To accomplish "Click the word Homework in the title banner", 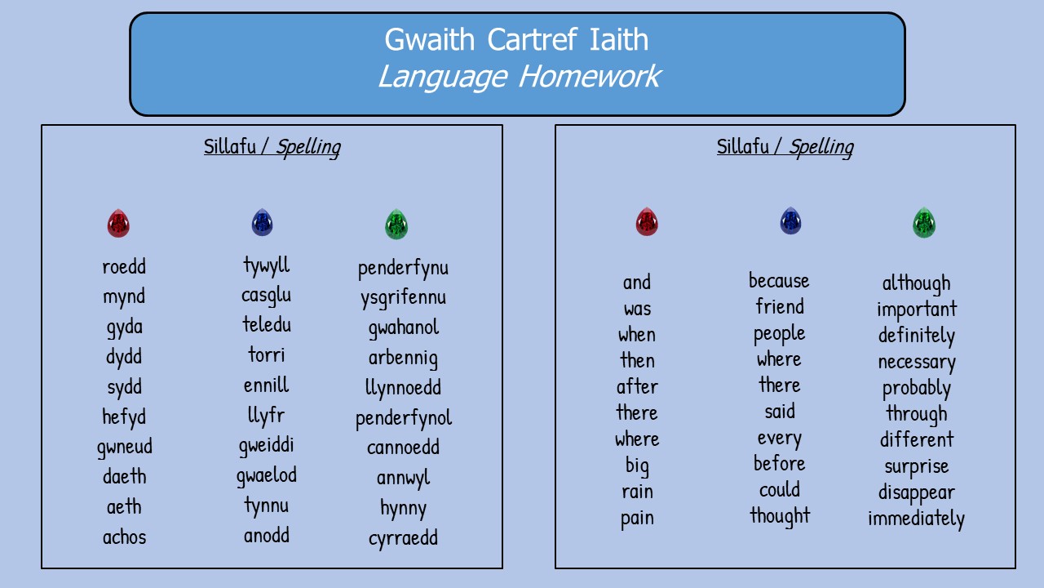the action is click(x=590, y=77).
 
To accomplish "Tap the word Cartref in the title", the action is click(x=532, y=39).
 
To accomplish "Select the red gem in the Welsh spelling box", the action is click(x=118, y=223).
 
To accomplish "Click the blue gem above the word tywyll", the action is click(x=262, y=222).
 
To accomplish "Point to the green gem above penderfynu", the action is click(x=396, y=225).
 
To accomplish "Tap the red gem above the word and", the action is click(x=647, y=221).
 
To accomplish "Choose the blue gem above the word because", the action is click(x=790, y=220).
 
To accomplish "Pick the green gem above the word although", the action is click(x=924, y=223).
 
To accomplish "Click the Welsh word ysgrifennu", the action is click(x=403, y=298).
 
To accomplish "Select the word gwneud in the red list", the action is click(x=125, y=447).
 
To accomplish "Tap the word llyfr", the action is click(x=266, y=416).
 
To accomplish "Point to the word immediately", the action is click(x=916, y=519).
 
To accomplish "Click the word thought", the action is click(x=780, y=516).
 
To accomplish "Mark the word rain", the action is click(x=637, y=492).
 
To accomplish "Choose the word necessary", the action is click(x=916, y=362).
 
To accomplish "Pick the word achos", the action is click(x=125, y=537).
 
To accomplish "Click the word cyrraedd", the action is click(x=403, y=538).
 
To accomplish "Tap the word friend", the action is click(x=780, y=306).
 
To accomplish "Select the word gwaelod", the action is click(x=266, y=476).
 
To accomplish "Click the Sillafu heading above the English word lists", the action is click(x=742, y=146).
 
